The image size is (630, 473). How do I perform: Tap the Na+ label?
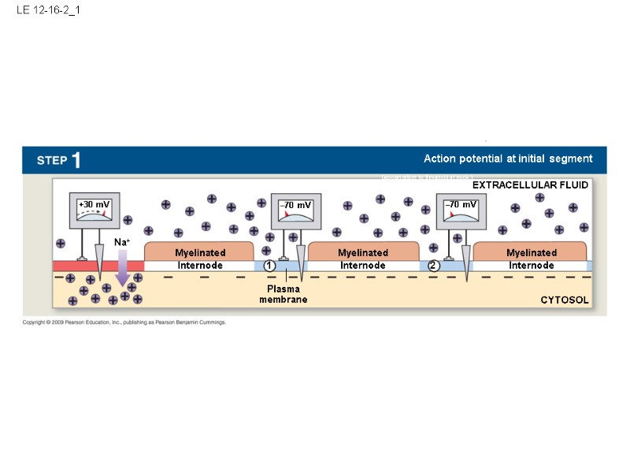tap(121, 243)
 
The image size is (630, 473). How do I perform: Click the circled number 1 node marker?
tap(269, 266)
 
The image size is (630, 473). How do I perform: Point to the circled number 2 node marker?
tap(433, 266)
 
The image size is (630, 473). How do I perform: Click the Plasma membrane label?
tap(283, 294)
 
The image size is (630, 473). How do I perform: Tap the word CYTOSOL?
tap(564, 300)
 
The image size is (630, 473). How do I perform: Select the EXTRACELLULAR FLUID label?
tap(530, 184)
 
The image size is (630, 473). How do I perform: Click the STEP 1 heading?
tap(59, 160)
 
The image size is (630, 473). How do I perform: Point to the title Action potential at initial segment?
tap(508, 158)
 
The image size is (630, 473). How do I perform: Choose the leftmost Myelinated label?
tap(200, 252)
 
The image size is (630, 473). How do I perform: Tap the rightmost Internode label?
tap(531, 266)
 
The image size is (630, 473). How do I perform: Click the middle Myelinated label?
tap(363, 252)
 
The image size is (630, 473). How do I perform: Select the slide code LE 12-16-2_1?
tap(48, 11)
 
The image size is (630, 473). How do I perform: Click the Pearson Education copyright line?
tap(124, 322)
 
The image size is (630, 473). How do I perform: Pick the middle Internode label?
tap(363, 266)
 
